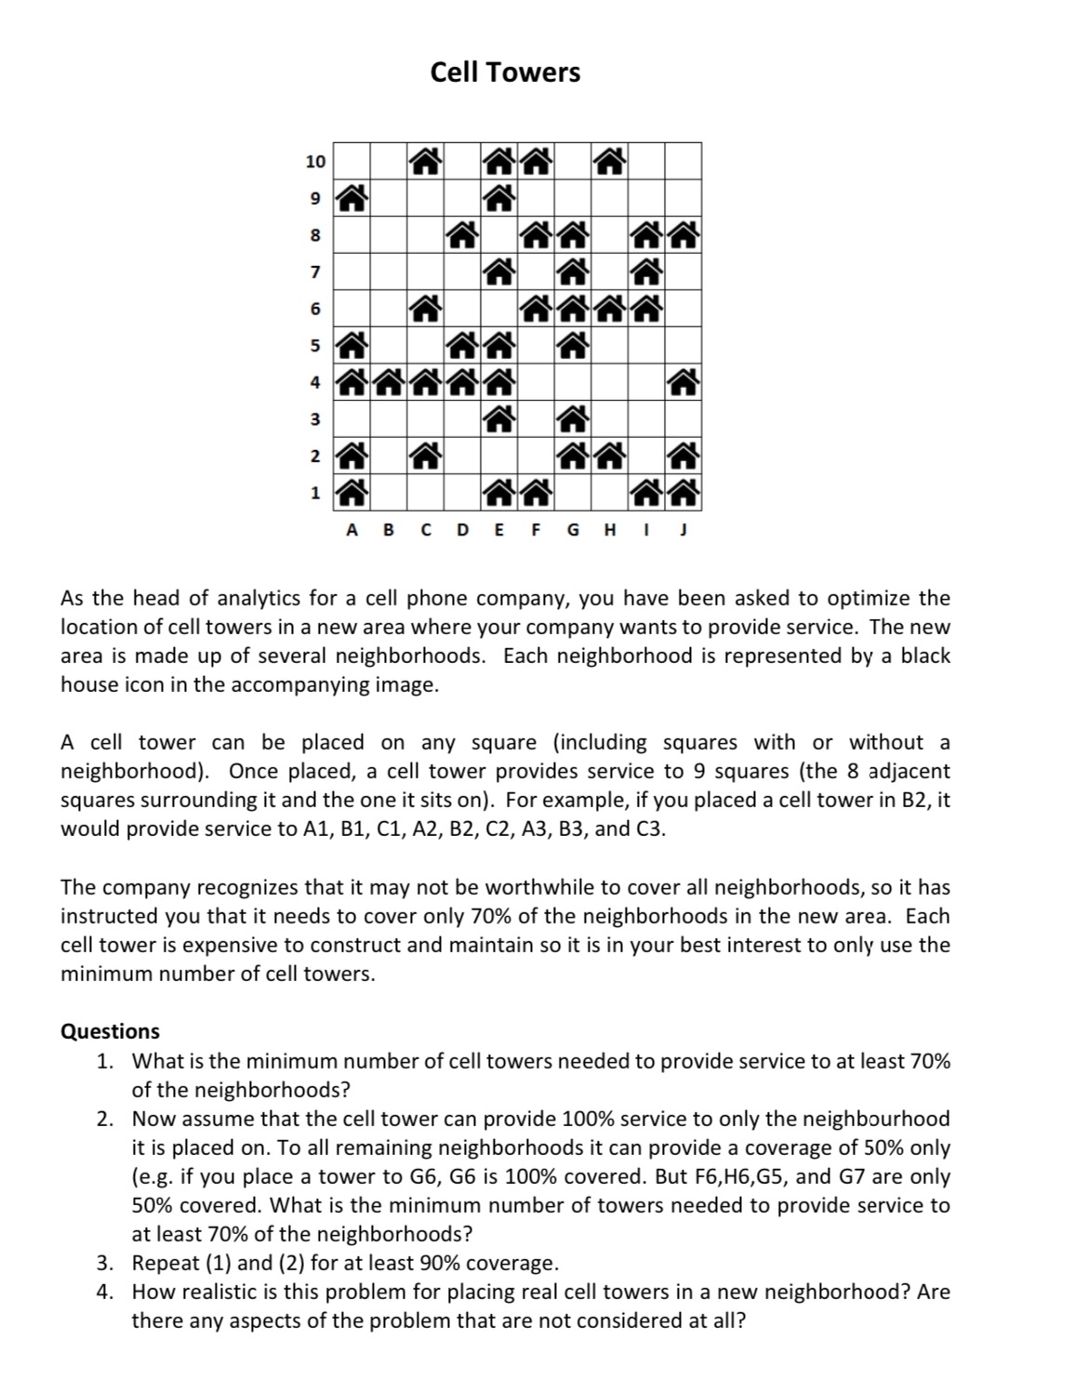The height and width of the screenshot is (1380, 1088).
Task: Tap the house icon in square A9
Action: pyautogui.click(x=352, y=197)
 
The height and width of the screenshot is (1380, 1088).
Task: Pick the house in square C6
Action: pyautogui.click(x=425, y=308)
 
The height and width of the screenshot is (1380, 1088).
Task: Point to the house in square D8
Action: pyautogui.click(x=462, y=234)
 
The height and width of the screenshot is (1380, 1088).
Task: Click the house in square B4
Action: pyautogui.click(x=389, y=381)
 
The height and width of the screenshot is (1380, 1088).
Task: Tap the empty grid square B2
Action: pyautogui.click(x=389, y=456)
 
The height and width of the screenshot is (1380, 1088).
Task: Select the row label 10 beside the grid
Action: pyautogui.click(x=315, y=162)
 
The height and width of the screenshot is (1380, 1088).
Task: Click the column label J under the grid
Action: pyautogui.click(x=683, y=531)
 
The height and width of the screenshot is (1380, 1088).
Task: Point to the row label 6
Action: pyautogui.click(x=315, y=309)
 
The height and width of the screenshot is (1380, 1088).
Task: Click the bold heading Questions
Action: pyautogui.click(x=110, y=1031)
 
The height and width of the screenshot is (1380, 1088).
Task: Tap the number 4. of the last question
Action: pyautogui.click(x=106, y=1292)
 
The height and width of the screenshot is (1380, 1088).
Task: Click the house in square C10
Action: pyautogui.click(x=425, y=162)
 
